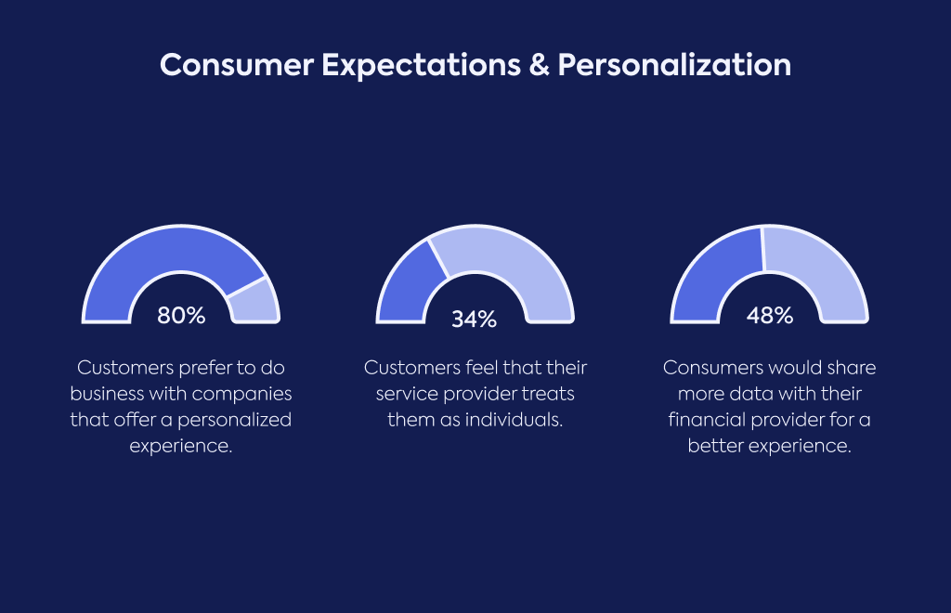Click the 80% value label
[181, 315]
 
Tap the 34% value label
[475, 319]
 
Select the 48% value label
[770, 315]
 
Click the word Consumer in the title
[237, 65]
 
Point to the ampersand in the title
[539, 65]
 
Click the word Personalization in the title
[674, 65]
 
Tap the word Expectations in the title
[421, 66]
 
